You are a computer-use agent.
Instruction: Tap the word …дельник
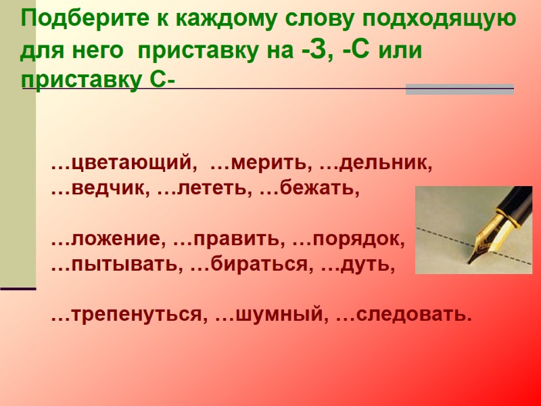point(376,164)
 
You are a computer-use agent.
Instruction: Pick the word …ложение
point(108,240)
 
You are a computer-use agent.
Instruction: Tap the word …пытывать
point(116,265)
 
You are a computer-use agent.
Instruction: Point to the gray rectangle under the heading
point(459,89)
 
